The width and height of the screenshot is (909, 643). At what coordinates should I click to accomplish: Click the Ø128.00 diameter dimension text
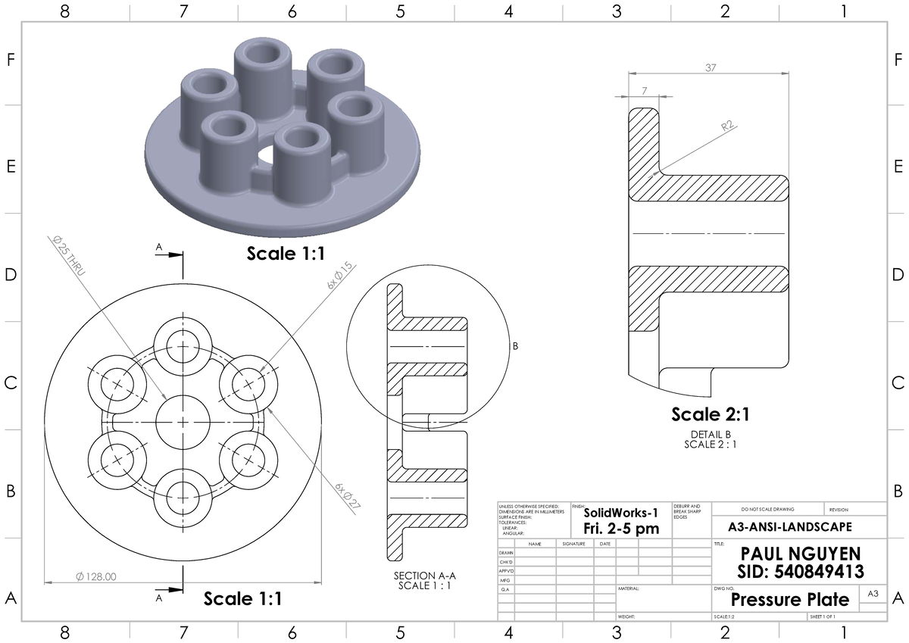point(96,577)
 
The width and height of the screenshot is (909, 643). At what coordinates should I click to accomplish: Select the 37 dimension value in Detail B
point(711,67)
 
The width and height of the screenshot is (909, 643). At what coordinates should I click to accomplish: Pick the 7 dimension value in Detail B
point(645,91)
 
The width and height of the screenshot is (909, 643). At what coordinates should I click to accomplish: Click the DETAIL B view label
point(711,434)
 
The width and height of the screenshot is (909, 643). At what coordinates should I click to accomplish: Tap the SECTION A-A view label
point(425,576)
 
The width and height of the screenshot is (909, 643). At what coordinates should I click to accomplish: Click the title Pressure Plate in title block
point(789,600)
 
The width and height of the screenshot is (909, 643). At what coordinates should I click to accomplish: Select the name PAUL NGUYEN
point(790,554)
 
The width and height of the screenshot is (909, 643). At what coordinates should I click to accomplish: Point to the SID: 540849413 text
point(790,570)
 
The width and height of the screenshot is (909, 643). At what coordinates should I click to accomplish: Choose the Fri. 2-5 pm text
point(620,529)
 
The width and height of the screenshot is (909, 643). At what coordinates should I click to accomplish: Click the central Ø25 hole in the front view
point(183,421)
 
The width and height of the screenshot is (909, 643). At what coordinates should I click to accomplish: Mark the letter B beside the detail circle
point(516,347)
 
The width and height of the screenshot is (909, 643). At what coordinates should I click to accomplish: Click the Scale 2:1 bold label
point(710,414)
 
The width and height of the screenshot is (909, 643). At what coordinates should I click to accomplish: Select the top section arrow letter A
point(159,247)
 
